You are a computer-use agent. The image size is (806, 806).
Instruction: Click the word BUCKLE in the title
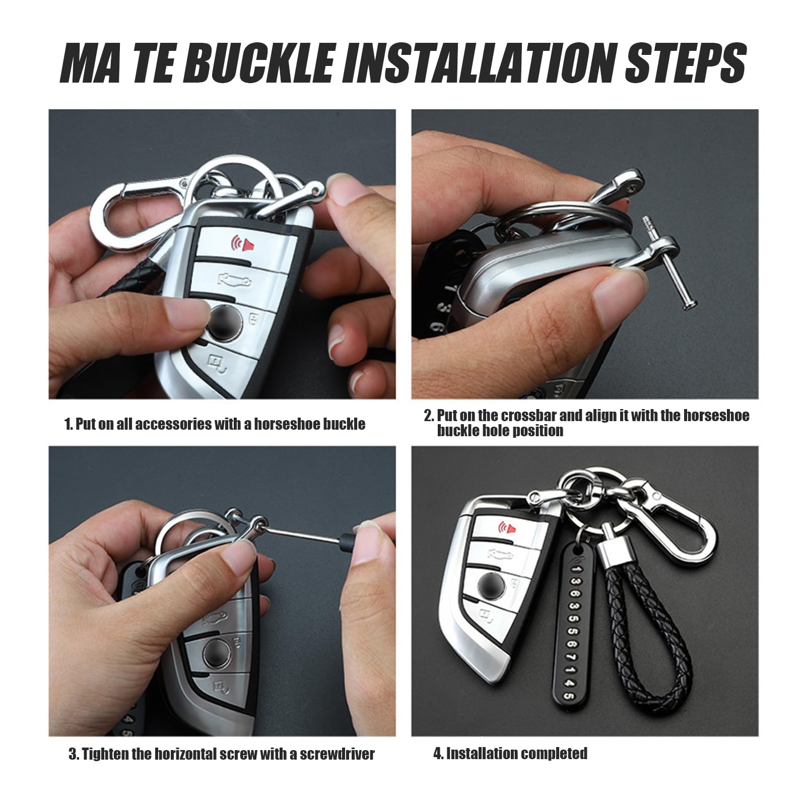(x=262, y=63)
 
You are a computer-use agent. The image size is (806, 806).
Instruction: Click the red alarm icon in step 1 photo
(x=241, y=244)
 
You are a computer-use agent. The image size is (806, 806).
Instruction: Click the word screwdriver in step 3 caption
(x=337, y=754)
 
